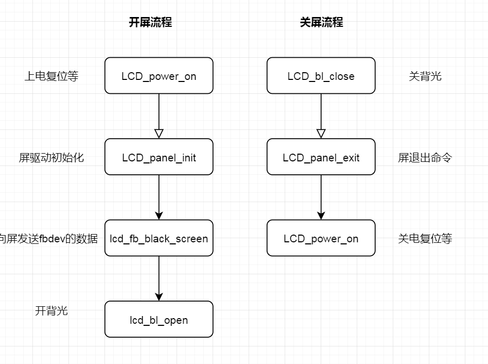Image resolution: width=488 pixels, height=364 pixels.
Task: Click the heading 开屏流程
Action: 150,22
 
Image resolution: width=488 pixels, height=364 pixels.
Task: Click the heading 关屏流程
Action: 321,22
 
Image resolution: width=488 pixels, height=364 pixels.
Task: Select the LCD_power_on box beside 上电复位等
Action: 159,76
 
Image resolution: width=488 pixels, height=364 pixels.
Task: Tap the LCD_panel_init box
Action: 159,157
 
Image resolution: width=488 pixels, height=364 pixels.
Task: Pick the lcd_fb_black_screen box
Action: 159,238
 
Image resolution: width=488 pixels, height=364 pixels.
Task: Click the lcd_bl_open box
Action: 159,320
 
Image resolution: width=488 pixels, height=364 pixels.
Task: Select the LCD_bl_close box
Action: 321,76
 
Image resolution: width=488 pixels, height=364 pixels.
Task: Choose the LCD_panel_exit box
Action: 321,157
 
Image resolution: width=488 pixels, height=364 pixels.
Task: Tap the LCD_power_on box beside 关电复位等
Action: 321,238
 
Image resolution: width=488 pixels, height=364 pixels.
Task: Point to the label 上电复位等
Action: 51,76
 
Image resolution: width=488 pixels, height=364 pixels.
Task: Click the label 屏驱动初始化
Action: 51,158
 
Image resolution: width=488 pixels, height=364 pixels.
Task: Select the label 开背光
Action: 51,311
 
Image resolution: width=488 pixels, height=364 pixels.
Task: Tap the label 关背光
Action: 425,76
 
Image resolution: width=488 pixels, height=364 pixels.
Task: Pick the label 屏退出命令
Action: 425,158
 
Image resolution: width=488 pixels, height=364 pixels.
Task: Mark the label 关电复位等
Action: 425,239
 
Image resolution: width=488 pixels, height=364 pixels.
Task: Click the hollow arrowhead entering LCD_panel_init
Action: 159,134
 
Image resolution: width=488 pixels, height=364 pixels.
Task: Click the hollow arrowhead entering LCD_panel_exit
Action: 321,134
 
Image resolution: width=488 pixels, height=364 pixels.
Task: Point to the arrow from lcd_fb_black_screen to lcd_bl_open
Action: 159,278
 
